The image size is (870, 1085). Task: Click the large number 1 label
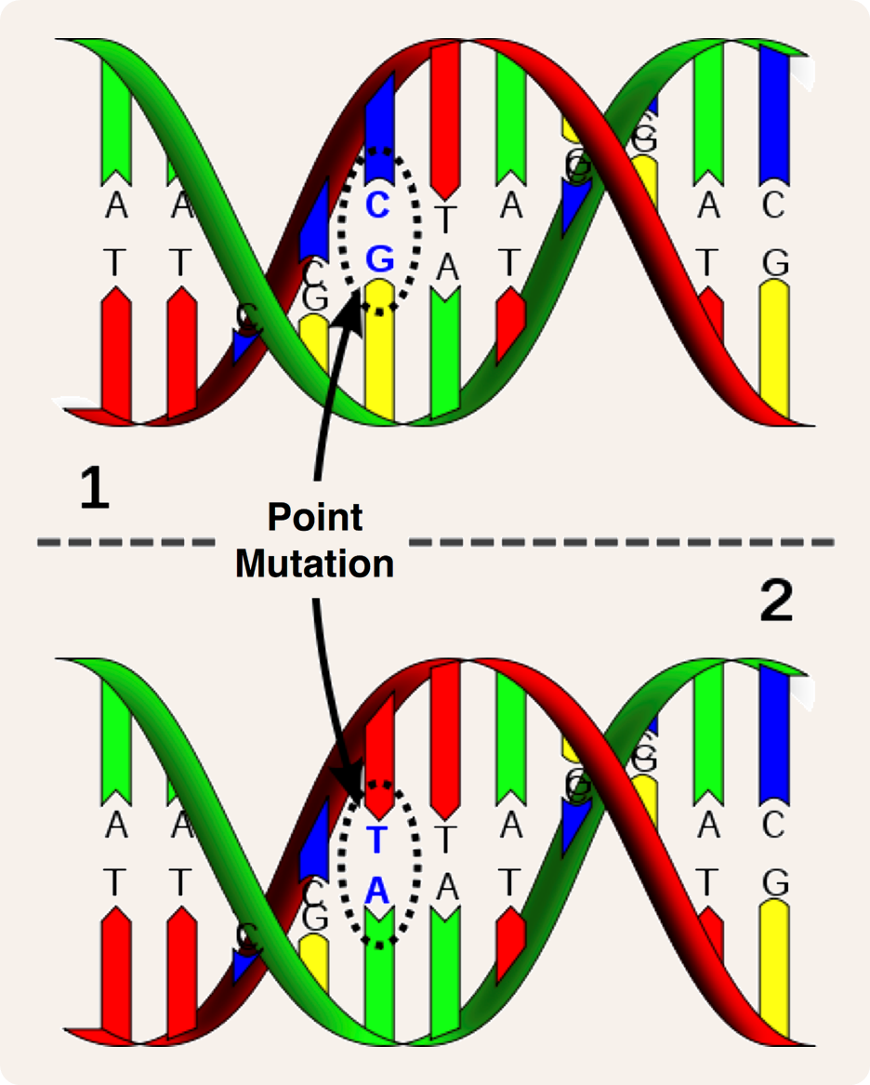(94, 491)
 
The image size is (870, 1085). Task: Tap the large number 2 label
(776, 603)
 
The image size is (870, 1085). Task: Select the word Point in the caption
(314, 518)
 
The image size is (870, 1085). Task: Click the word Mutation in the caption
(314, 563)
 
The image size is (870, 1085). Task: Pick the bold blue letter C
(377, 205)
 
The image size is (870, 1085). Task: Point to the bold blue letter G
(379, 259)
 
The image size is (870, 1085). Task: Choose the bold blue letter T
(376, 840)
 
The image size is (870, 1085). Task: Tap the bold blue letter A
(376, 892)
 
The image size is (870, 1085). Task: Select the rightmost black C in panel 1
(773, 205)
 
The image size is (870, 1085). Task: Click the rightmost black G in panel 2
(773, 880)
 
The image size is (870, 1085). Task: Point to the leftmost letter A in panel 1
(116, 205)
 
